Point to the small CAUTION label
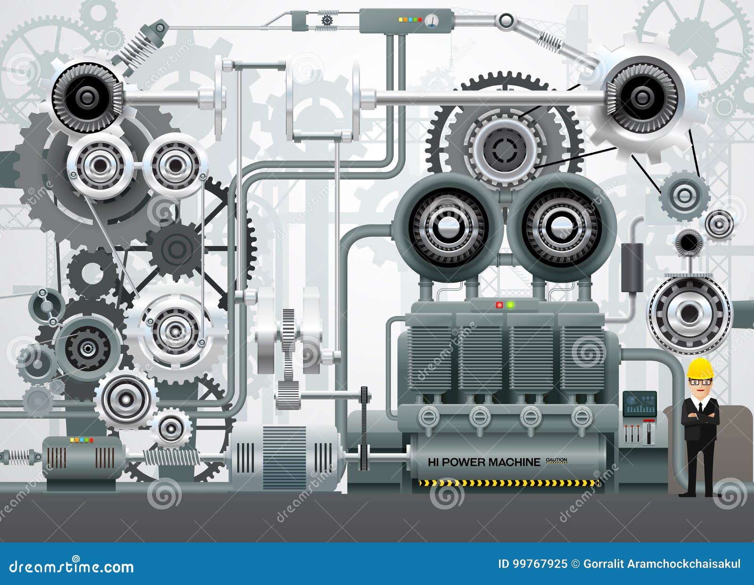click(556, 460)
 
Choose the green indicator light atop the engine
click(510, 305)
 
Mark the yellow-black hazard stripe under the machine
click(507, 483)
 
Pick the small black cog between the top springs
click(326, 21)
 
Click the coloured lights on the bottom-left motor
click(82, 440)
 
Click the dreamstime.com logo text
click(72, 566)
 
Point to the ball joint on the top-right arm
click(506, 20)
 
